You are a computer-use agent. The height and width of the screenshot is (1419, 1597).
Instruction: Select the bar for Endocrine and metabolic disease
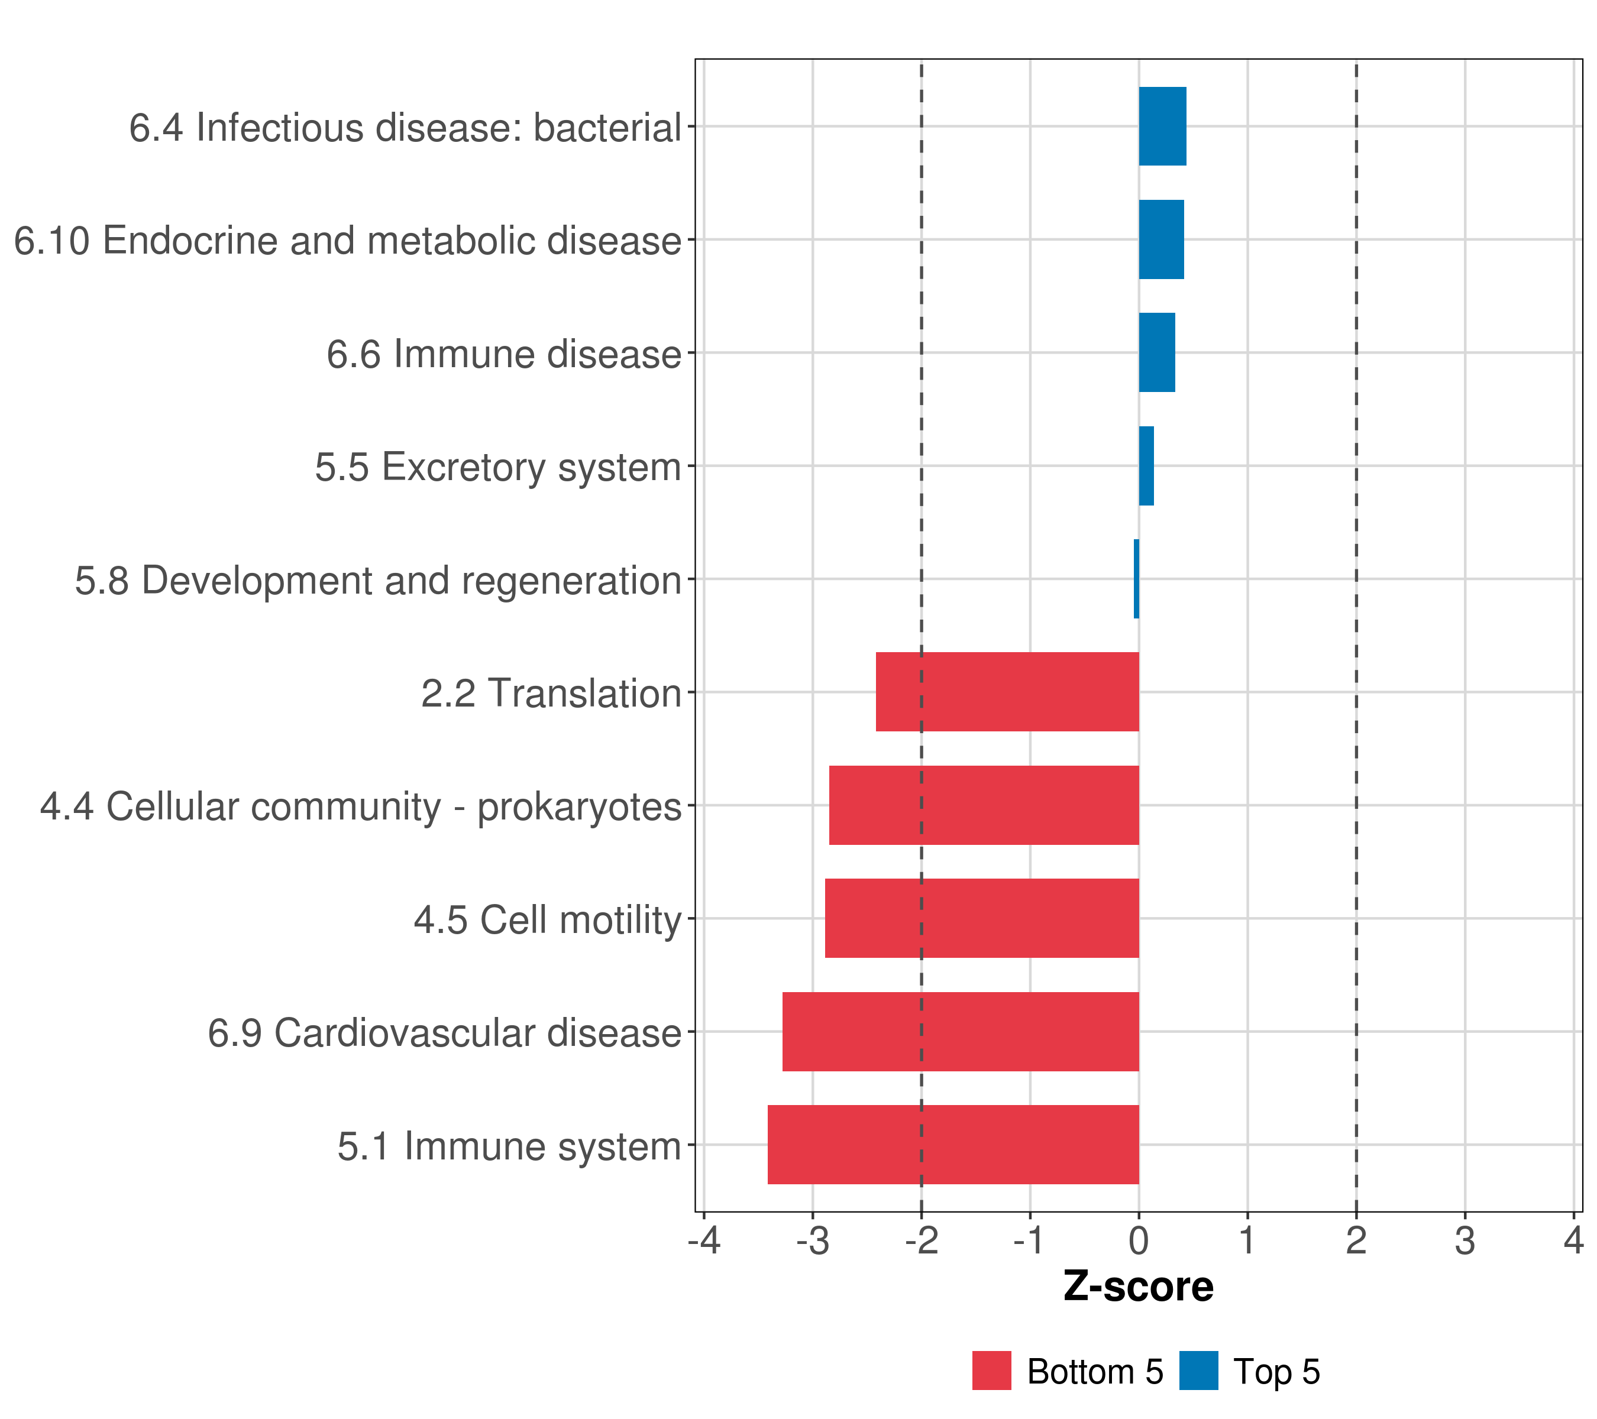pos(1161,240)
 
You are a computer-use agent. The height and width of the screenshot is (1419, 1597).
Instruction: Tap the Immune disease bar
pos(1156,353)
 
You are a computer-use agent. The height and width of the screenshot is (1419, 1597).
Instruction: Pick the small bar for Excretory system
pos(1146,466)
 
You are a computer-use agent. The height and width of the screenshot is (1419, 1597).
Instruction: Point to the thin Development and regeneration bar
pos(1136,579)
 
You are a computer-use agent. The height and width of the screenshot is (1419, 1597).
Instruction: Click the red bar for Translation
pos(1007,692)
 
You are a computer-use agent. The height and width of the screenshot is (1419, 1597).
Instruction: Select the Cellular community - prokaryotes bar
pos(984,805)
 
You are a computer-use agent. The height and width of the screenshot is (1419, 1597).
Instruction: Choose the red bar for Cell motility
pos(981,918)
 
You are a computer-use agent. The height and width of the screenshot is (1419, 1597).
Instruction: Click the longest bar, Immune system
pos(953,1145)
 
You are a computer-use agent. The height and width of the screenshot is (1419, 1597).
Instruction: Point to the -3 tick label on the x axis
pos(813,1241)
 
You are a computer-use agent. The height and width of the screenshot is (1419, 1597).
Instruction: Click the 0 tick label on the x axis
pos(1139,1241)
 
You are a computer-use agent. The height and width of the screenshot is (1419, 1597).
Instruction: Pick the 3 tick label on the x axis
pos(1465,1241)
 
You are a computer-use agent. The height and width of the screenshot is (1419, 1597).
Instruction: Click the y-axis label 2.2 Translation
pos(551,694)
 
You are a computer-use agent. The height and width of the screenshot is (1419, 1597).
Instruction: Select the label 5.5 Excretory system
pos(497,467)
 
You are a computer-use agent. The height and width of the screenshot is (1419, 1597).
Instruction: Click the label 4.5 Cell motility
pos(548,920)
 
